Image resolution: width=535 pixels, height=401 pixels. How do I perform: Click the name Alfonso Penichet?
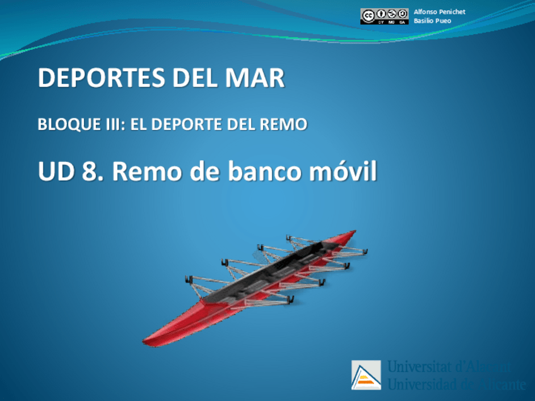click(439, 12)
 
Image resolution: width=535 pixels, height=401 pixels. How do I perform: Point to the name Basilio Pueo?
click(433, 21)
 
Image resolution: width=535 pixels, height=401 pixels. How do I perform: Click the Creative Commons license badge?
click(384, 16)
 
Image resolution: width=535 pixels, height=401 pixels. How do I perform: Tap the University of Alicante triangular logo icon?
click(366, 375)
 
